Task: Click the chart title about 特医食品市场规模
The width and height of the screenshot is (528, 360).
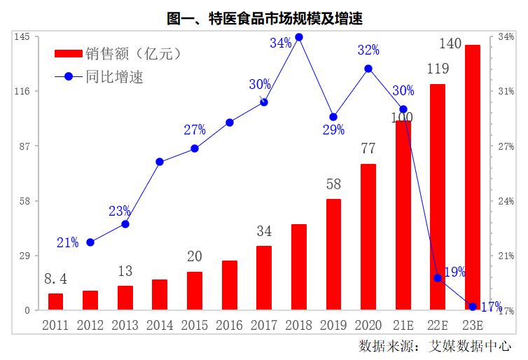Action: (x=264, y=19)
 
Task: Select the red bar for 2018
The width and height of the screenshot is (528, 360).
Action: (x=299, y=267)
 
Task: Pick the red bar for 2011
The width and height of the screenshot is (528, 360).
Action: (x=55, y=302)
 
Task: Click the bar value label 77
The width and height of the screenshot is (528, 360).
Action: (x=368, y=148)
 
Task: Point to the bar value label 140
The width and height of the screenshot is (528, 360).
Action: (x=450, y=44)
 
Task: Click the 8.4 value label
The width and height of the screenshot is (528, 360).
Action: (x=55, y=279)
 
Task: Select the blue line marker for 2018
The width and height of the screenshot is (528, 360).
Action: (x=299, y=37)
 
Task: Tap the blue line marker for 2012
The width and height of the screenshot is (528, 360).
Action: (x=90, y=242)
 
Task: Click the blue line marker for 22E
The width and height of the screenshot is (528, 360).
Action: (x=438, y=278)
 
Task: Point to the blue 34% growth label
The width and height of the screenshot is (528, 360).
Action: (x=281, y=43)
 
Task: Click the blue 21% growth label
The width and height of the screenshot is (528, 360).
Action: (x=68, y=243)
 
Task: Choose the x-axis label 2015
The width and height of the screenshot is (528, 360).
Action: (x=195, y=325)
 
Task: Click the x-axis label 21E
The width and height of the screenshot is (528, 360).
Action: (x=403, y=325)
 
